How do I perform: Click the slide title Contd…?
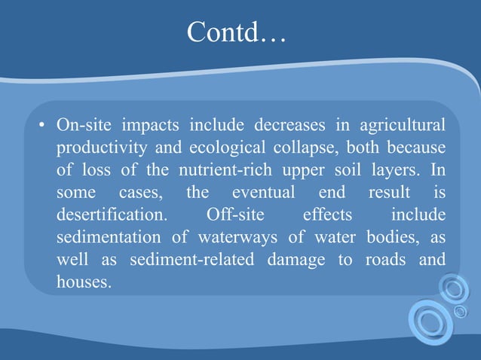tap(236, 32)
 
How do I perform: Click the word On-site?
tap(81, 123)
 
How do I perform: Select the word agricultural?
tap(400, 123)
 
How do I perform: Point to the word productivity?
tap(100, 146)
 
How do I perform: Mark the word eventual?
tap(263, 192)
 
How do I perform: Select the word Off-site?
tap(234, 215)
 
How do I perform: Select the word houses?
tap(83, 284)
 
